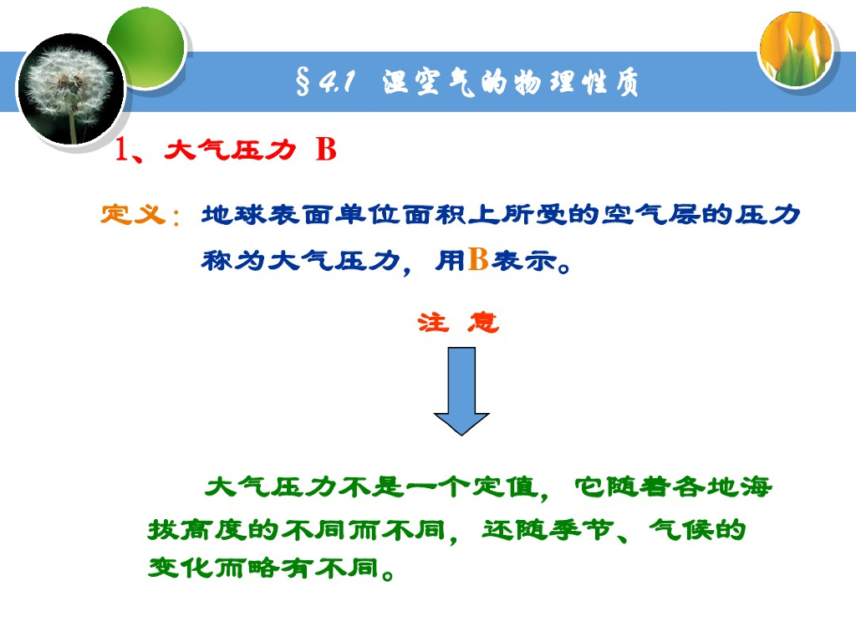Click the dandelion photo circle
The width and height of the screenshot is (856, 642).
(70, 90)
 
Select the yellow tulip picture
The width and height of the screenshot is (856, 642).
(796, 48)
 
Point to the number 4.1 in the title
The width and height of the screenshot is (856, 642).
(337, 83)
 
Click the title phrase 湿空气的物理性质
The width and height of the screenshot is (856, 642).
(511, 83)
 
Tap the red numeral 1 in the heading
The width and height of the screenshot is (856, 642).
(121, 150)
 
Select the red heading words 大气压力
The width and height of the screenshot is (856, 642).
(231, 150)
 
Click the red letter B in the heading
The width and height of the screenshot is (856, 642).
(326, 150)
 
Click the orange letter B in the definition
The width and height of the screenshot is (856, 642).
(477, 260)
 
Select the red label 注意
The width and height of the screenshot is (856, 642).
(458, 323)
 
